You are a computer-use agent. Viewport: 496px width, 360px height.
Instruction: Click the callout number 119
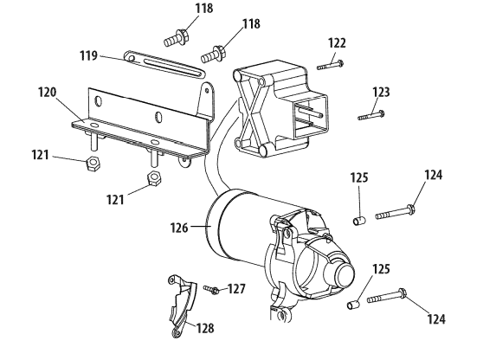tap(88, 55)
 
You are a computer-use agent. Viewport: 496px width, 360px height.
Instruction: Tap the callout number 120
tap(47, 93)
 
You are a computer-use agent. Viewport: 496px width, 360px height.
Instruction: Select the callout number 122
tap(337, 42)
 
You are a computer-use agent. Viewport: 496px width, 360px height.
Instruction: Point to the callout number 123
tap(381, 92)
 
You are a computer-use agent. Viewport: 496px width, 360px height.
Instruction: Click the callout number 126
tap(179, 228)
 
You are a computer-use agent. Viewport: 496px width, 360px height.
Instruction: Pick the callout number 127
tap(236, 288)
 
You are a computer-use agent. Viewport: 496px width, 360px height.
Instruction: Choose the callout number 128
tap(205, 328)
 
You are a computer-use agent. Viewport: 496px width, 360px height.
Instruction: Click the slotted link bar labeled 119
tap(164, 64)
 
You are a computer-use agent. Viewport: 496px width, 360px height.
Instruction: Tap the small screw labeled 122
tap(331, 65)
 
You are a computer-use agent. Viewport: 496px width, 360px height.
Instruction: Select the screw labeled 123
tap(371, 115)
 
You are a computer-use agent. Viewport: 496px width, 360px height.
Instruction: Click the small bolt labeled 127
tap(211, 289)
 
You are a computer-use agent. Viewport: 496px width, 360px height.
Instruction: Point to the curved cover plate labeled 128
tap(182, 306)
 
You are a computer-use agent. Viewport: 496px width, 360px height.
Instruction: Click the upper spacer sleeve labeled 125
tap(359, 220)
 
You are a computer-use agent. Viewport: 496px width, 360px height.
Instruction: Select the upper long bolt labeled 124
tap(396, 212)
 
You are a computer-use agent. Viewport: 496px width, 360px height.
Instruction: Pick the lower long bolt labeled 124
tap(387, 296)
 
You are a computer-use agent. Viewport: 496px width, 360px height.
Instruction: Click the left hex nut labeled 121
tap(93, 164)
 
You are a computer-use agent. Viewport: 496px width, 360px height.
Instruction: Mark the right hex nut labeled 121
tap(155, 179)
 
